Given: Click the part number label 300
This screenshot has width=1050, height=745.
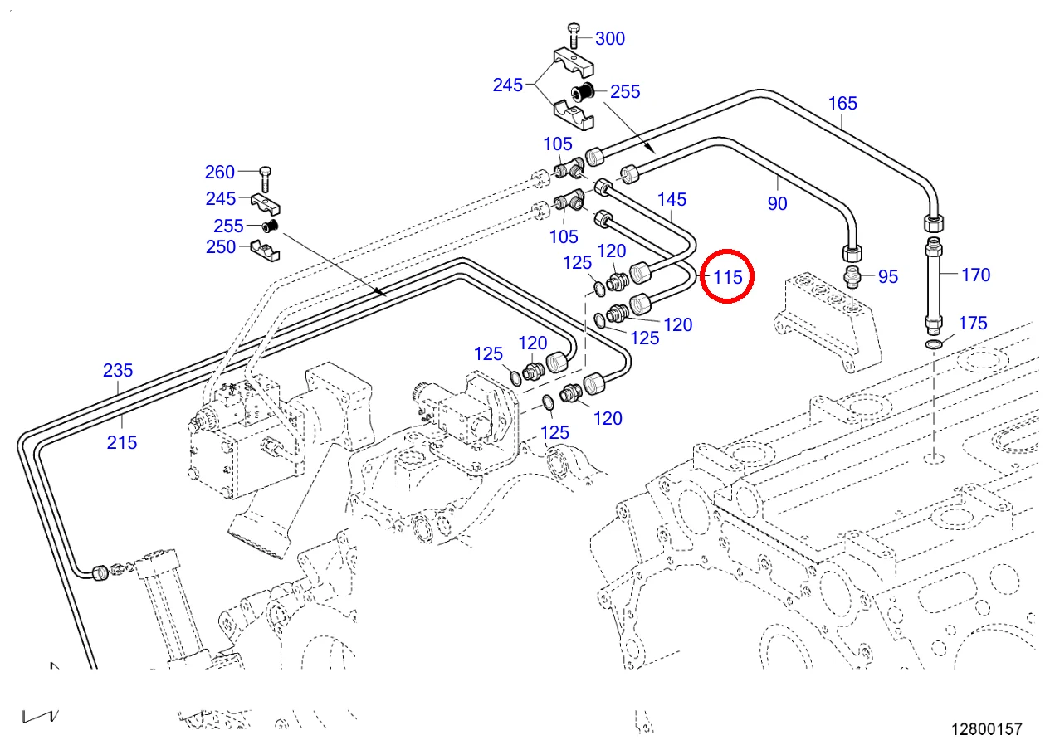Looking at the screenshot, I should [610, 38].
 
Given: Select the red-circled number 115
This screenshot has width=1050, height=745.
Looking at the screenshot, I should [727, 276].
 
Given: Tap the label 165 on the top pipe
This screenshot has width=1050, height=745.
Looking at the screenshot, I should [842, 104].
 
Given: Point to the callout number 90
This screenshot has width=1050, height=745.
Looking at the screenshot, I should [777, 203].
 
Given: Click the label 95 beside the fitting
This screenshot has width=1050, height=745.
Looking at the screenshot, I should [887, 276].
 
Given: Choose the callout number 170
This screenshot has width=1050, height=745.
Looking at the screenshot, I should [975, 275].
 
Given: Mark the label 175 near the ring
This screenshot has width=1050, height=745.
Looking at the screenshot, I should [973, 323].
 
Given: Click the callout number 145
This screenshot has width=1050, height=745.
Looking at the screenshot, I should [672, 199].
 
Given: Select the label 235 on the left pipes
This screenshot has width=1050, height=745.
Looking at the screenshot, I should [118, 370].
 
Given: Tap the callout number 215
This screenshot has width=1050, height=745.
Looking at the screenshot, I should [122, 442].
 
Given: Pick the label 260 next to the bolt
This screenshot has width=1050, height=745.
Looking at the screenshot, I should [220, 173].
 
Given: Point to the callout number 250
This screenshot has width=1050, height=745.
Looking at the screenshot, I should [220, 246].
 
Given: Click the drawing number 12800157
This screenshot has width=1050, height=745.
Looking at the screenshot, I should [986, 729].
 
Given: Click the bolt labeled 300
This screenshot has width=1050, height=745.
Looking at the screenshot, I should [574, 37].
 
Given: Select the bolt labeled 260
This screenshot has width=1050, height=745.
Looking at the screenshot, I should [265, 175].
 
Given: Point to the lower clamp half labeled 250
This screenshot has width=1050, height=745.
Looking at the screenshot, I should [264, 249].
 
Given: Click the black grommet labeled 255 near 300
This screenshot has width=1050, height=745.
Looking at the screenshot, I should [581, 94].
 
